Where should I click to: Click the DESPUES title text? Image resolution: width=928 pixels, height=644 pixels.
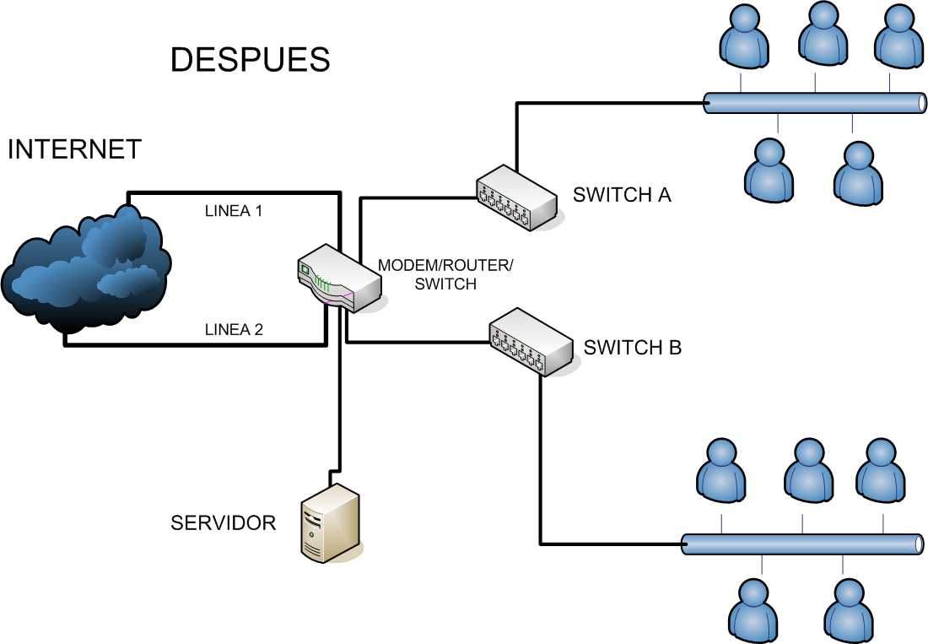pos(250,60)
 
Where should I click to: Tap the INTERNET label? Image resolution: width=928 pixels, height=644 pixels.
pos(74,149)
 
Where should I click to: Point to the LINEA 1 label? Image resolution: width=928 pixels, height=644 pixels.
pos(234,211)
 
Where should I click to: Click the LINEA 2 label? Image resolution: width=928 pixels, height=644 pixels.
pos(234,329)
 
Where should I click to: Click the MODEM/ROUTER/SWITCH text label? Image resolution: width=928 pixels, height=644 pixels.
pos(445,274)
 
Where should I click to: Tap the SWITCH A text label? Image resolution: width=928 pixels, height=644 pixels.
pos(622,195)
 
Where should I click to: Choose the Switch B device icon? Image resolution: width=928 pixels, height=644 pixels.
pos(531,342)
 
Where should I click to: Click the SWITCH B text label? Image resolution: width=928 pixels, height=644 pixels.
pos(633,347)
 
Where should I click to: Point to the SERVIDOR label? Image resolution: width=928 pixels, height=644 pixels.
pos(223,522)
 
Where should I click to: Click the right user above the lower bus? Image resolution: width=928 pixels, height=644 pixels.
pos(881,471)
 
